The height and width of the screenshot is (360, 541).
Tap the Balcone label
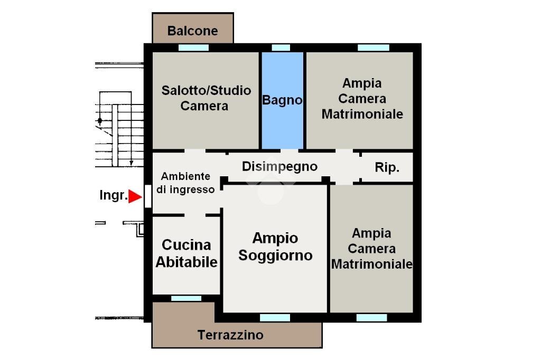tap(192, 31)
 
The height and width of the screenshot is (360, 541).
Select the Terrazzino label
tap(230, 335)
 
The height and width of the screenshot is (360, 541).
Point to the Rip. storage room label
tap(387, 168)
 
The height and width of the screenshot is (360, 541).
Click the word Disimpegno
tap(279, 166)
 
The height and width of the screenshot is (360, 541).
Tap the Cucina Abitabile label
tap(186, 253)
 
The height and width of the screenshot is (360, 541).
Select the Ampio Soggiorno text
tap(275, 247)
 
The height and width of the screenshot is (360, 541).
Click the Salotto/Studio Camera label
tap(206, 98)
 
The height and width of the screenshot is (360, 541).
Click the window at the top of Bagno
tap(281, 48)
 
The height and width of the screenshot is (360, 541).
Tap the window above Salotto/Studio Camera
tap(193, 48)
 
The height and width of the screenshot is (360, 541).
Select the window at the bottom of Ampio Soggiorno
tap(275, 318)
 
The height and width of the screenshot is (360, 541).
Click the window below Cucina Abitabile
tap(186, 298)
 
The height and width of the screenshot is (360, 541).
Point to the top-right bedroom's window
tap(374, 48)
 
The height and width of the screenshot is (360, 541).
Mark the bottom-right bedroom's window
tap(371, 318)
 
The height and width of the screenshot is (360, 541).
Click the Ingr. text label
tap(113, 195)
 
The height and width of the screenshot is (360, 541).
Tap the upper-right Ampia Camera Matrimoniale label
tap(362, 99)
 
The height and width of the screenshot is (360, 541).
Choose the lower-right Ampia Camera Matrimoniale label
tap(371, 249)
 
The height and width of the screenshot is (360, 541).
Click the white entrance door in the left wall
tap(148, 196)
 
